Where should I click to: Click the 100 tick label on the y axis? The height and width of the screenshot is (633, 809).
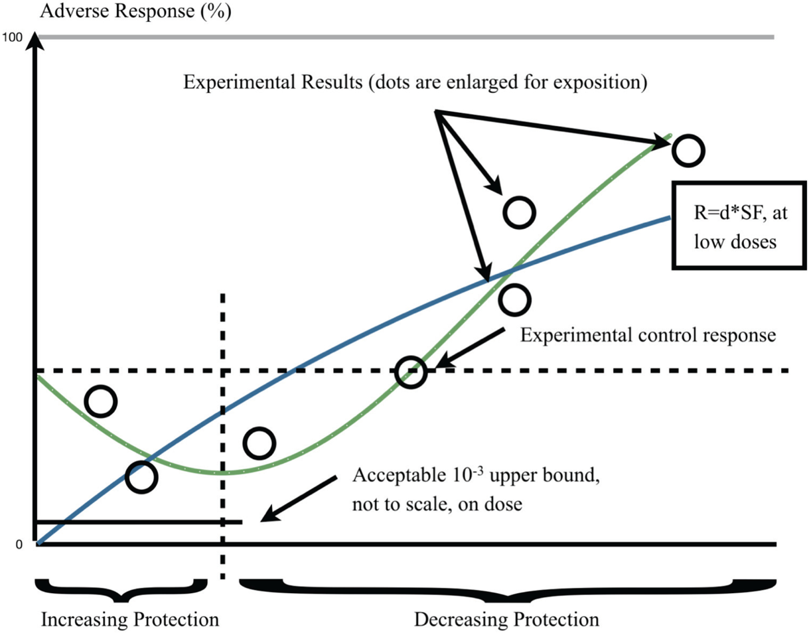tap(12, 37)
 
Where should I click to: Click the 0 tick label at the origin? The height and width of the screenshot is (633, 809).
tap(19, 545)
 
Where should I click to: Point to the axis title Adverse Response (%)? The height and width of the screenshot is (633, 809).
tap(136, 11)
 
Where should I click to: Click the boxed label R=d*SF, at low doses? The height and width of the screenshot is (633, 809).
tap(739, 225)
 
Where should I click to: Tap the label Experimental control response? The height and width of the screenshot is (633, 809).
tap(648, 335)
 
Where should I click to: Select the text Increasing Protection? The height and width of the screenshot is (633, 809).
tap(130, 619)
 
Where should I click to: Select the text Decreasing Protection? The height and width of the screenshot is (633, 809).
tap(506, 619)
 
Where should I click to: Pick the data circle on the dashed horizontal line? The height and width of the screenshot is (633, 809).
tap(411, 372)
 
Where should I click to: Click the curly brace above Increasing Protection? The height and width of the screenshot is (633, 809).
tap(121, 590)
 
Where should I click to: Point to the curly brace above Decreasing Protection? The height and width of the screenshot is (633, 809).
tap(508, 590)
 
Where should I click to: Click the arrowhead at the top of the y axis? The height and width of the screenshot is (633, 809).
tap(35, 40)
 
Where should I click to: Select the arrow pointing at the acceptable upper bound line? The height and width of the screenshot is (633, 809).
tap(299, 499)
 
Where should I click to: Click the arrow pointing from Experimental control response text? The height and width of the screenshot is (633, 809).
tap(469, 348)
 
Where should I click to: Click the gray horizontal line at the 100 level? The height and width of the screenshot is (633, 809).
tap(405, 37)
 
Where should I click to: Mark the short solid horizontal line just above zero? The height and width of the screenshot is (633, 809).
tap(139, 522)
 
